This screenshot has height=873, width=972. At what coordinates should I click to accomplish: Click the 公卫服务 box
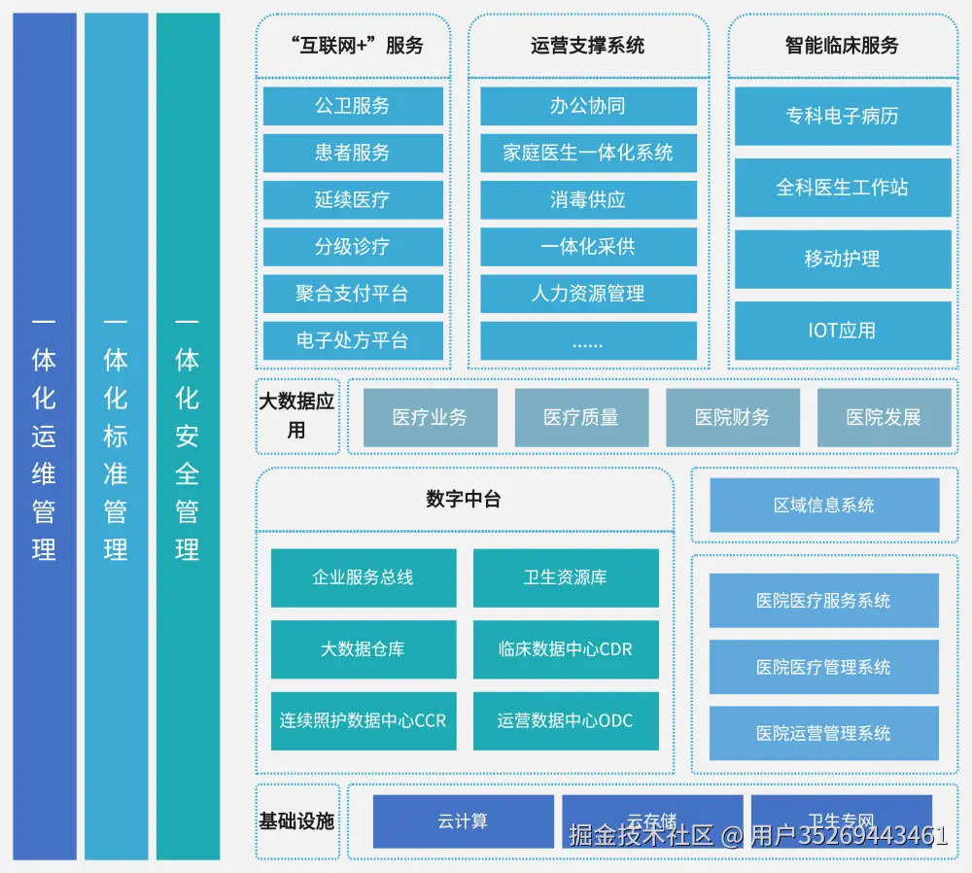(353, 106)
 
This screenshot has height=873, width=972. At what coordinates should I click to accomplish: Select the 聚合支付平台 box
(353, 294)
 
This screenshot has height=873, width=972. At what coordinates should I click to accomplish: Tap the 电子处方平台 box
(353, 340)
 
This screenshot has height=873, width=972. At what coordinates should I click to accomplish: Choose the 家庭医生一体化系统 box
(588, 153)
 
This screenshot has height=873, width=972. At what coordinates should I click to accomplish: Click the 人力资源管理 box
(588, 294)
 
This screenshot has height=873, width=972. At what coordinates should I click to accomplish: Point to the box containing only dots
(588, 341)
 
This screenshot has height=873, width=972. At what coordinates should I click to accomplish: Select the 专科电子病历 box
(843, 116)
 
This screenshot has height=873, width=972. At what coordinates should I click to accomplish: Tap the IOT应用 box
(843, 331)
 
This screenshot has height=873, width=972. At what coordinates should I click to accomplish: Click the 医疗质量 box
(581, 418)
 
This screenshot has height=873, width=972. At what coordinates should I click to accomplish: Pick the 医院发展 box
(884, 418)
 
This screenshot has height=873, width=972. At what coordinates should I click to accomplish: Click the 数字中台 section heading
(464, 500)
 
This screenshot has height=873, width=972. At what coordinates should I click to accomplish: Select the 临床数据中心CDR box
(566, 649)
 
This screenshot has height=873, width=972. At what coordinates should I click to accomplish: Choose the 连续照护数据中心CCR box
(364, 721)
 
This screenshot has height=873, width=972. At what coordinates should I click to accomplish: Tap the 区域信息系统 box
(824, 506)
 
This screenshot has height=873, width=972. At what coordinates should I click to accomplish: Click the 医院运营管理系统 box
(824, 734)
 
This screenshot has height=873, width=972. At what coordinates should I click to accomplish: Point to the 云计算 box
(464, 821)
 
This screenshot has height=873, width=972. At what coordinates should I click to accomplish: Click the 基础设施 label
(296, 821)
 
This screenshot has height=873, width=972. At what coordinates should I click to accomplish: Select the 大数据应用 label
(296, 415)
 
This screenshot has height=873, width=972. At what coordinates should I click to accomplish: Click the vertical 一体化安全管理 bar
(188, 436)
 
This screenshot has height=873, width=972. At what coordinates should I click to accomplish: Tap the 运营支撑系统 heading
(588, 46)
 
